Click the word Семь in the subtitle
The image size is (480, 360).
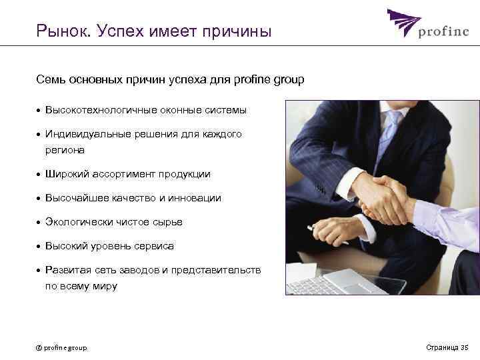click(51, 80)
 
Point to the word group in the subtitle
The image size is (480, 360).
click(288, 80)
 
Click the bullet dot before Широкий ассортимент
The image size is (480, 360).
click(39, 175)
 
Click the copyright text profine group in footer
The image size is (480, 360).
click(61, 347)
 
